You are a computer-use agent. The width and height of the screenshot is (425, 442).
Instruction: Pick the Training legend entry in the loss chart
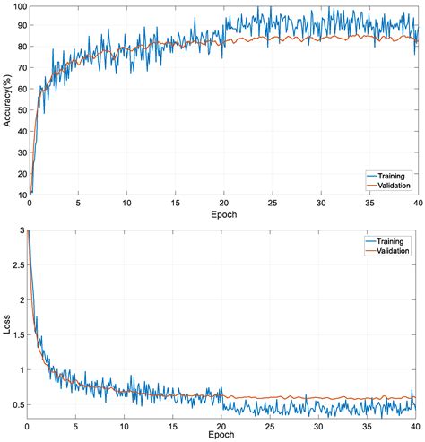pyautogui.click(x=392, y=242)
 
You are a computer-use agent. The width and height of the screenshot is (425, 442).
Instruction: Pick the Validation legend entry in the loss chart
pyautogui.click(x=394, y=252)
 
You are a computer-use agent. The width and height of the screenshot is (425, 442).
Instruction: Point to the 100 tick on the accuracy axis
pyautogui.click(x=17, y=7)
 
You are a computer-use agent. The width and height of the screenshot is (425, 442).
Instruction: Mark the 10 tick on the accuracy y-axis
pyautogui.click(x=20, y=193)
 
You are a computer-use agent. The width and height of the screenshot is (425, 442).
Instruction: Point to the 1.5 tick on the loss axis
pyautogui.click(x=18, y=334)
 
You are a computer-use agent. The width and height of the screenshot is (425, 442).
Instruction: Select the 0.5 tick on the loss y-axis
pyautogui.click(x=18, y=404)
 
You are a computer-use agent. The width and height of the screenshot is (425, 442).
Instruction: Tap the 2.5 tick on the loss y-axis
pyautogui.click(x=18, y=265)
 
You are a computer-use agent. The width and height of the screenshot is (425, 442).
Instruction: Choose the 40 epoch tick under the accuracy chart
pyautogui.click(x=415, y=204)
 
